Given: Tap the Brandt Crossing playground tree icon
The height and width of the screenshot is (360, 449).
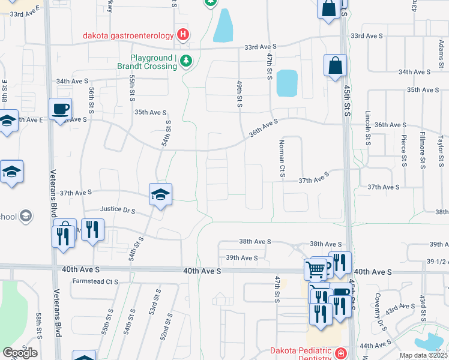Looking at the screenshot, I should tap(186, 62).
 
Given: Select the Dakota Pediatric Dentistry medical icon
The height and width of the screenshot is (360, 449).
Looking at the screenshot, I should tap(341, 353).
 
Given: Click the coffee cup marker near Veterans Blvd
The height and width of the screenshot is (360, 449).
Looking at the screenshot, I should tap(61, 110).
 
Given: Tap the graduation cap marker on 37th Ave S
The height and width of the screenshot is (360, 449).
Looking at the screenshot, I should tap(160, 195).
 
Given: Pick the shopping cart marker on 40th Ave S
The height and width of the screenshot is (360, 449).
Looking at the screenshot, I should tap(315, 269).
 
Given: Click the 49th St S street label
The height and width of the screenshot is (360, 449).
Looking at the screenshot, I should tap(239, 94).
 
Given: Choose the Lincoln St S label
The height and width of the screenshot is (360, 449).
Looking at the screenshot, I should tap(367, 127).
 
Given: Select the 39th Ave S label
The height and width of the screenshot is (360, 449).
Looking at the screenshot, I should tap(241, 257).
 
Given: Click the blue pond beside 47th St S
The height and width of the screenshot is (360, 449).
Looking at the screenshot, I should tap(287, 83).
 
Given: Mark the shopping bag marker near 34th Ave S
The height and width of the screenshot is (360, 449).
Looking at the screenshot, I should tap(335, 66).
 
